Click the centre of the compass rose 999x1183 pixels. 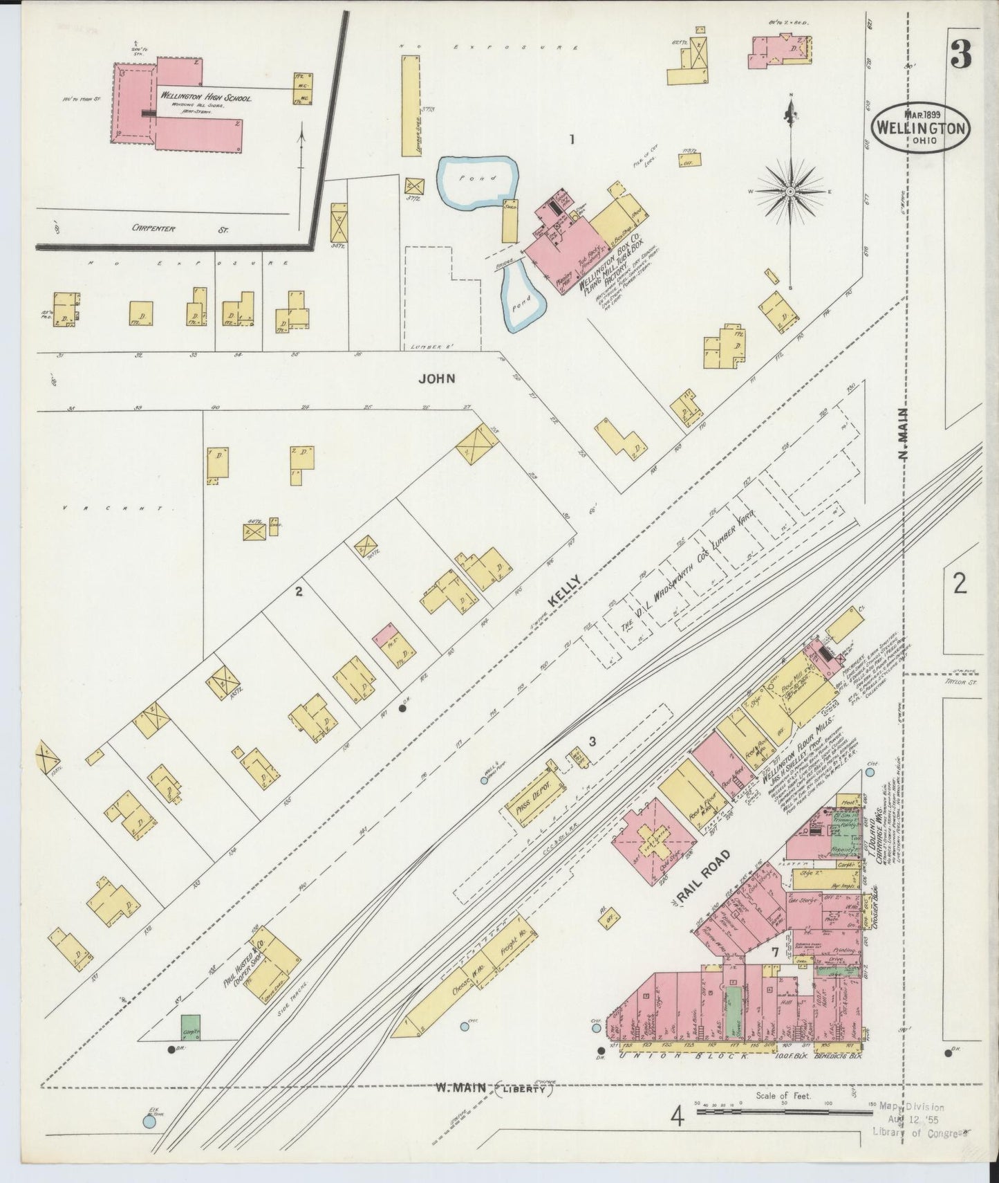pos(790,188)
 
